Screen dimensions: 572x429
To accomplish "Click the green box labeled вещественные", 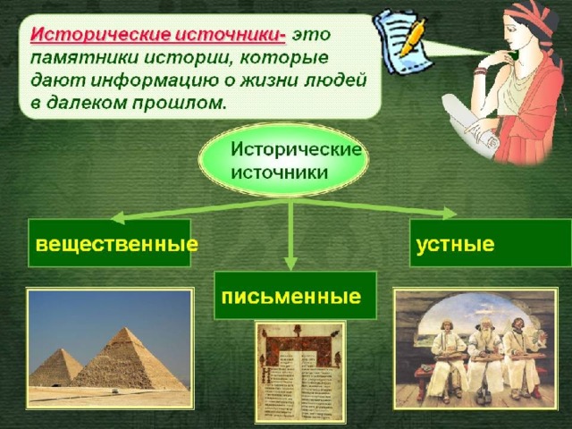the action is click(109, 243).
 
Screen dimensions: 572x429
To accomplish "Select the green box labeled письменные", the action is click(295, 296).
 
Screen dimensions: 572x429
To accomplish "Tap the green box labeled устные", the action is click(491, 243).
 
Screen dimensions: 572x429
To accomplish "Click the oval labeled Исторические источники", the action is click(283, 160).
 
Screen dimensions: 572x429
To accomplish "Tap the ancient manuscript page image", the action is click(300, 372).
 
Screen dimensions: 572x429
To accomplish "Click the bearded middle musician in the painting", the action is click(484, 357).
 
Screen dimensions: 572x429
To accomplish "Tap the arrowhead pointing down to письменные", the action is click(290, 263).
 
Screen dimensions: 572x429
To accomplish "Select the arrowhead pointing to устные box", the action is click(449, 213).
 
